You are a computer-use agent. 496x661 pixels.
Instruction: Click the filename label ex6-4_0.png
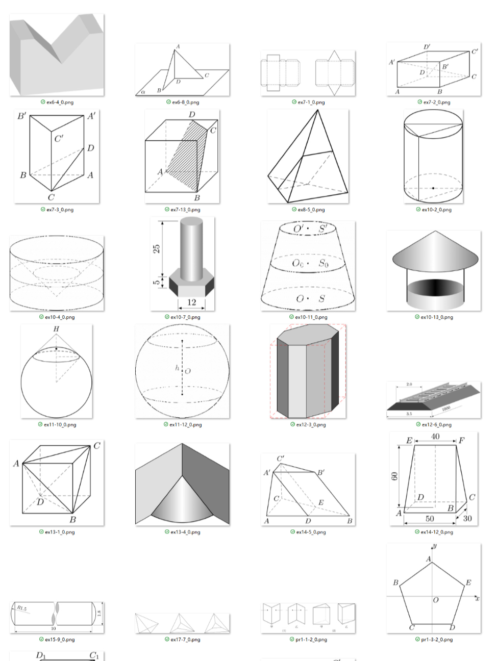pos(60,103)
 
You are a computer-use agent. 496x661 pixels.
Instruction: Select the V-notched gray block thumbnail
pos(56,55)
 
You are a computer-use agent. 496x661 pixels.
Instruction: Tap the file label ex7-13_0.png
pos(185,210)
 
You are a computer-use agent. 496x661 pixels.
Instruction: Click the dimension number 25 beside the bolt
pos(157,248)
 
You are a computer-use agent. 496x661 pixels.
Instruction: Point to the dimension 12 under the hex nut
pos(191,302)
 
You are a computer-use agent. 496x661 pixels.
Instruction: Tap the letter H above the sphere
pos(56,329)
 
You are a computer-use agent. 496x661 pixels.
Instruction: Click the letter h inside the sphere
pos(177,368)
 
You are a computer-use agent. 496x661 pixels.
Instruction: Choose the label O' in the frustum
pos(299,228)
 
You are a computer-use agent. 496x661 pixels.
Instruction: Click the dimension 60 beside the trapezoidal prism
pos(394,476)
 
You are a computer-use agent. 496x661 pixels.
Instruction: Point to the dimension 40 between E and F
pos(435,437)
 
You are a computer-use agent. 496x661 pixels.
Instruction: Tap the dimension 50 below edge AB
pos(430,519)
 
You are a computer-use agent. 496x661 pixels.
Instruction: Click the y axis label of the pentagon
pos(435,546)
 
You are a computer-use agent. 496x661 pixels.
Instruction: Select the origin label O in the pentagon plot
pos(436,600)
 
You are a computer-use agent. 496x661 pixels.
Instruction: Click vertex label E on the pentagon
pos(468,582)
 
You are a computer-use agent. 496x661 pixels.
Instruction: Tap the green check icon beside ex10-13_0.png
pos(417,317)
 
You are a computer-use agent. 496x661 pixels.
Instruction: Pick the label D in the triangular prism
pos(90,148)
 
